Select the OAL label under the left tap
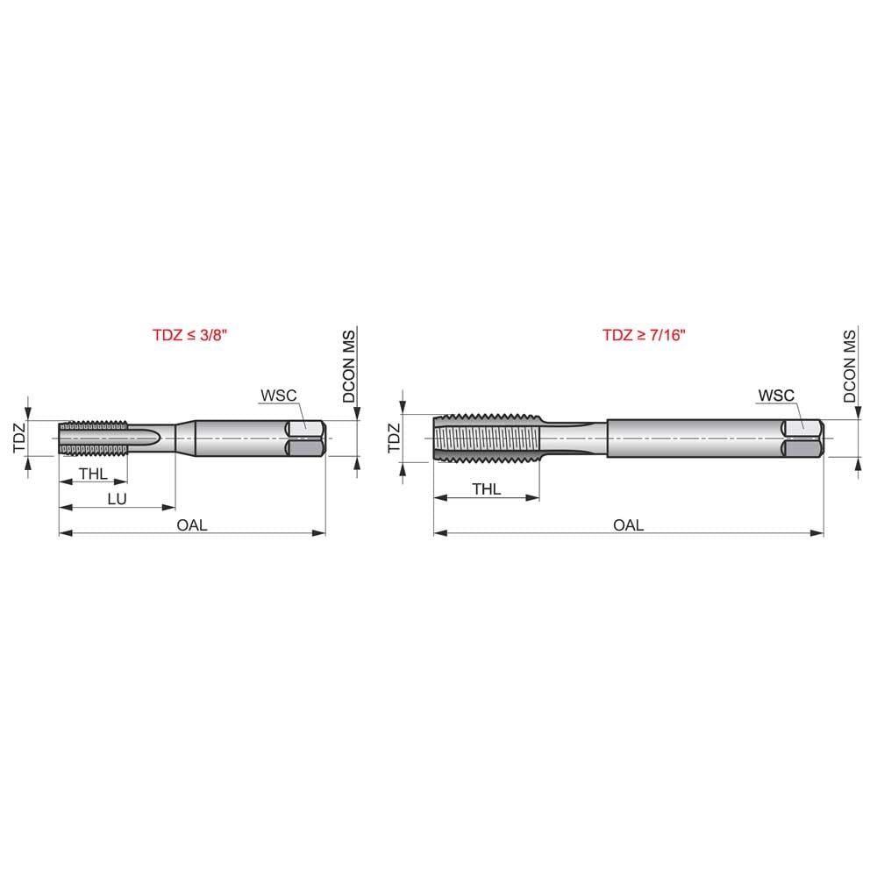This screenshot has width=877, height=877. click(x=192, y=524)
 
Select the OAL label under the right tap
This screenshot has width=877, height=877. click(x=628, y=524)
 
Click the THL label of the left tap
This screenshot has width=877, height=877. click(x=93, y=474)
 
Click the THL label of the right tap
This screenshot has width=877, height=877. click(x=487, y=489)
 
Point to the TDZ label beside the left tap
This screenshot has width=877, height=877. click(x=18, y=437)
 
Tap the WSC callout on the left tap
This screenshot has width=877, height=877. click(x=280, y=395)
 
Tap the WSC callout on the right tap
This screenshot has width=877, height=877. click(x=776, y=395)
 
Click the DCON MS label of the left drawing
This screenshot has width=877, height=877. click(x=348, y=367)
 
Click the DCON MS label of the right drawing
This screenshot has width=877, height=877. click(x=849, y=367)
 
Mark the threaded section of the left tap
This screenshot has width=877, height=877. click(x=93, y=438)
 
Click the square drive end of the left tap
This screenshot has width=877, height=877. click(x=307, y=438)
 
